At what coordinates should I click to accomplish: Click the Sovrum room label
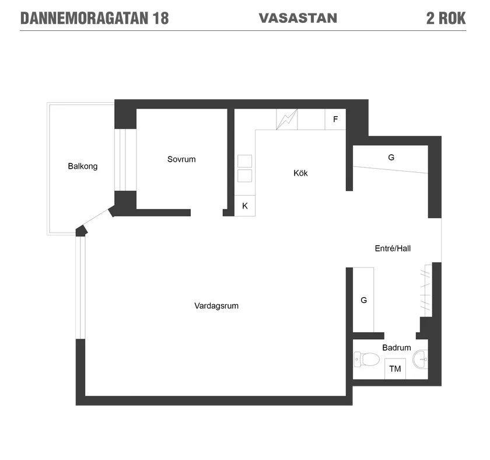point(181,159)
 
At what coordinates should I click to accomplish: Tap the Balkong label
point(82,166)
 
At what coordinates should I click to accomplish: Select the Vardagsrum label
point(216,305)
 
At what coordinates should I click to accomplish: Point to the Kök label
point(300,173)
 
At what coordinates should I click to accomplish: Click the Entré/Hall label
point(393,248)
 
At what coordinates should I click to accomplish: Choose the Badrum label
point(396,347)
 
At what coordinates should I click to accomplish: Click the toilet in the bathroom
point(366,360)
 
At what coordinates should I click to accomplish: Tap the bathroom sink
point(420,360)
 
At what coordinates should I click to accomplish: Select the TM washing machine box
point(395,369)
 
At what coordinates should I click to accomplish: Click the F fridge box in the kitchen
point(335,119)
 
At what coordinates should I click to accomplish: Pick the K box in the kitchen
point(244,205)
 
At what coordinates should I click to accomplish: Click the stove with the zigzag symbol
point(287,119)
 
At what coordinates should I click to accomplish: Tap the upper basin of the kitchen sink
point(244,161)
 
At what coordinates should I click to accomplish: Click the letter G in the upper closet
point(391,157)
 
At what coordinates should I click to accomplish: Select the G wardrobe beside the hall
point(363,299)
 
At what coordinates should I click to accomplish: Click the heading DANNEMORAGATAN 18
point(94,18)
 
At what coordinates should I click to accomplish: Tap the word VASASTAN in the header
point(298,18)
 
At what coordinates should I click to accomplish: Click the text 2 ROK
point(446,18)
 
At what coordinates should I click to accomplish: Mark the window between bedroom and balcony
point(125,160)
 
